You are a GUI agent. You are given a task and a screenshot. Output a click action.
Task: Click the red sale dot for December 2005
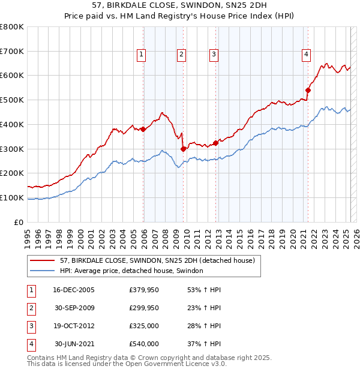[x=143, y=128]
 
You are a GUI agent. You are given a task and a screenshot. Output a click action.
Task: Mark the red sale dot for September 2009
[x=183, y=149]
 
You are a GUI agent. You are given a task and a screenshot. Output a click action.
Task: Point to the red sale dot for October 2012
[x=215, y=142]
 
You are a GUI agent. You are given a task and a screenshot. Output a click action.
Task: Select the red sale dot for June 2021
[x=308, y=90]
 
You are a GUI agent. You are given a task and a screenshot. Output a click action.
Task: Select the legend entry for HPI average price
[x=131, y=271]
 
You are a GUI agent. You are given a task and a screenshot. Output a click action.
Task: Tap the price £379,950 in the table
[x=144, y=290]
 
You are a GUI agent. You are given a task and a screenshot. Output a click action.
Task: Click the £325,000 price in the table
[x=144, y=326]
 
